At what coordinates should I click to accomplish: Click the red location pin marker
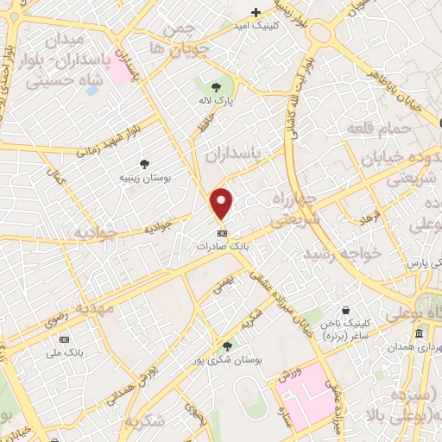pyautogui.click(x=223, y=203)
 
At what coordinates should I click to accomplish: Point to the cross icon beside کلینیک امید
pyautogui.click(x=256, y=12)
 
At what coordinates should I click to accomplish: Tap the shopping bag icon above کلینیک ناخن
pyautogui.click(x=345, y=311)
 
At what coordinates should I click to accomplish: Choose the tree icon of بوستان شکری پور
pyautogui.click(x=227, y=344)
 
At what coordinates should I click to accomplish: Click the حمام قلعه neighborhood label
pyautogui.click(x=376, y=129)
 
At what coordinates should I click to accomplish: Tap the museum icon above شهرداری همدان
pyautogui.click(x=419, y=335)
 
